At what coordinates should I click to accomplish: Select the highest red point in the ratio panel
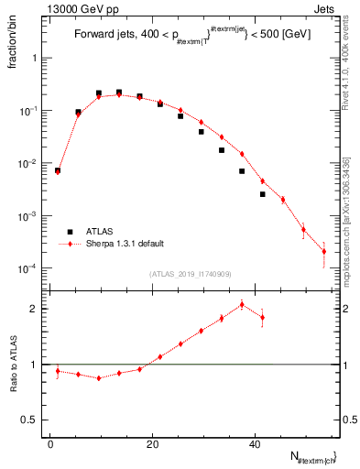pos(242,304)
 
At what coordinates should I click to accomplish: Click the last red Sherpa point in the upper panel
pos(323,251)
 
